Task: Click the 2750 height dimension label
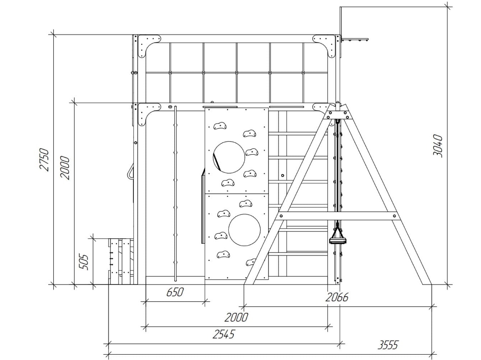click(x=44, y=159)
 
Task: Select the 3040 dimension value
click(x=438, y=146)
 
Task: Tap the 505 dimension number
click(x=83, y=262)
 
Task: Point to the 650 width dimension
click(x=175, y=292)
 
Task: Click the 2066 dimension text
click(x=337, y=297)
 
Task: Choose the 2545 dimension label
click(x=223, y=334)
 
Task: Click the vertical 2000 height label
click(x=65, y=168)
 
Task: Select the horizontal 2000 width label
click(x=236, y=317)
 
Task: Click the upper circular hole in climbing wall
click(x=229, y=157)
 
